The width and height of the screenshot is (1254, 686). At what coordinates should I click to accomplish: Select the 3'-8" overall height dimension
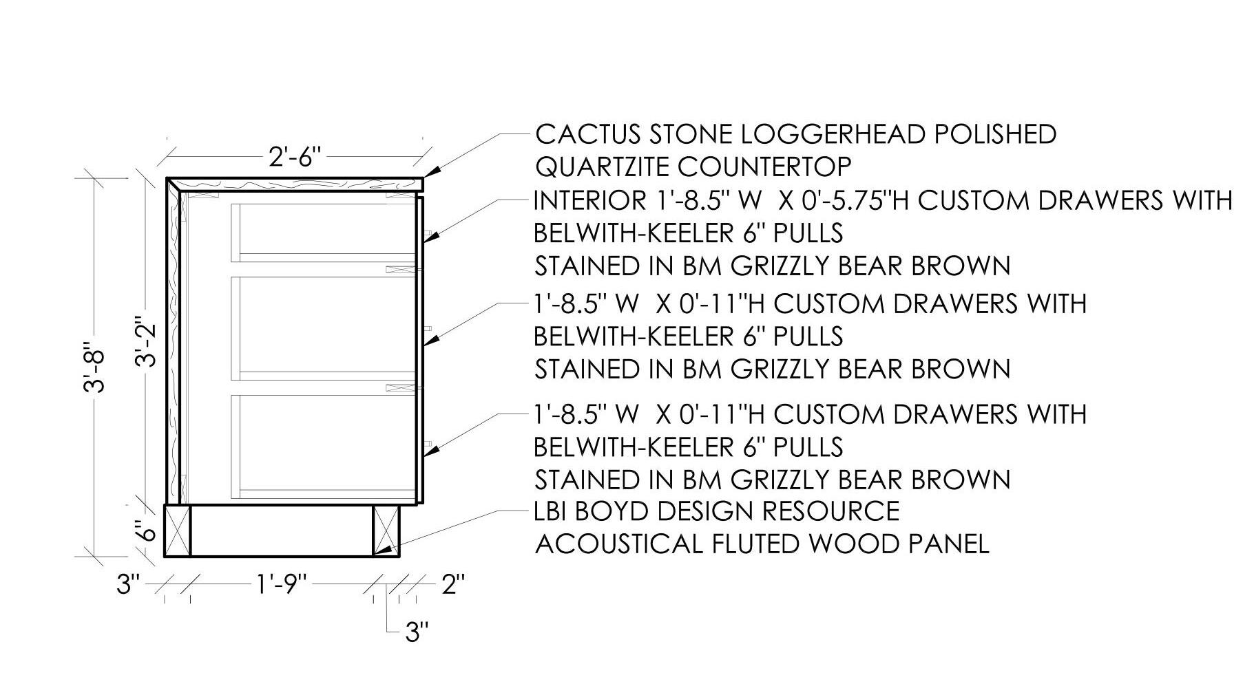94,367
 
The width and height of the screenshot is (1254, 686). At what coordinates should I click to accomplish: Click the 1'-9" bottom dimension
281,585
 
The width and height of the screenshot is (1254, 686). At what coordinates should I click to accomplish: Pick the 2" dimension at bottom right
452,585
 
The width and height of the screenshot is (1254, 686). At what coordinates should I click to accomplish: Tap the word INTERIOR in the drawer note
587,200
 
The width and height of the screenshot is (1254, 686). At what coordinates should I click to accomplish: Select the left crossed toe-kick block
178,530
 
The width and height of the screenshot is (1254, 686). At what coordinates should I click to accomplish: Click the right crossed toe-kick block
386,530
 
